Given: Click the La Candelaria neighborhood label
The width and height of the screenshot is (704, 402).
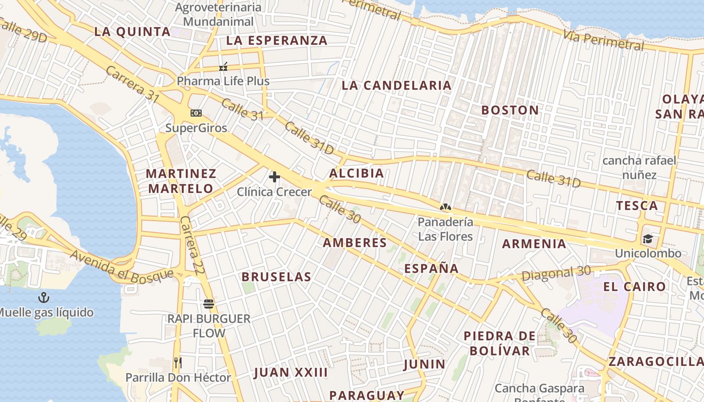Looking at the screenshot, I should [x=396, y=85].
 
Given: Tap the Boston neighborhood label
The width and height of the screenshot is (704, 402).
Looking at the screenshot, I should [x=509, y=110].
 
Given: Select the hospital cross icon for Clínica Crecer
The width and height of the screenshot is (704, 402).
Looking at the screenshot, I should [x=275, y=177].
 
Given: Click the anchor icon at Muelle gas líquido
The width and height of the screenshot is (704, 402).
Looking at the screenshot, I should [x=44, y=297].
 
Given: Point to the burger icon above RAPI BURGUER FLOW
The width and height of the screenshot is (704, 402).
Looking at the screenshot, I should [x=209, y=304].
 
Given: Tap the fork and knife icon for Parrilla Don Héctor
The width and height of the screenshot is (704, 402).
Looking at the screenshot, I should [x=178, y=362].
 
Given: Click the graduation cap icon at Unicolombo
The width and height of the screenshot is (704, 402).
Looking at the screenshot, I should [x=647, y=239].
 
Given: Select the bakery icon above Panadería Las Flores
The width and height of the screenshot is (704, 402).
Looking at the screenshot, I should [x=445, y=207].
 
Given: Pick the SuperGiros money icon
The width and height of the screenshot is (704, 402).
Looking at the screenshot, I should [x=196, y=113].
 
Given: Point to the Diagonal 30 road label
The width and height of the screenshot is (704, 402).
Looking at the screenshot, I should [x=556, y=274].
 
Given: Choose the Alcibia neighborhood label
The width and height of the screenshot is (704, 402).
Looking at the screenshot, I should [x=356, y=173].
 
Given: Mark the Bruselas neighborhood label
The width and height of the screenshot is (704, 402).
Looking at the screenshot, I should [x=276, y=277].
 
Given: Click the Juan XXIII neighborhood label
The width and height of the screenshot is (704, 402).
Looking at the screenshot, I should [x=291, y=372].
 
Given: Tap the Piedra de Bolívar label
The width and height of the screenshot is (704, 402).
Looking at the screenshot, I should [x=496, y=343].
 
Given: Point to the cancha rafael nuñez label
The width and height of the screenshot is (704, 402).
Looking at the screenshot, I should [x=639, y=168].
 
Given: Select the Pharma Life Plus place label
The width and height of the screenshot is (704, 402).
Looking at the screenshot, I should [x=223, y=81].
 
